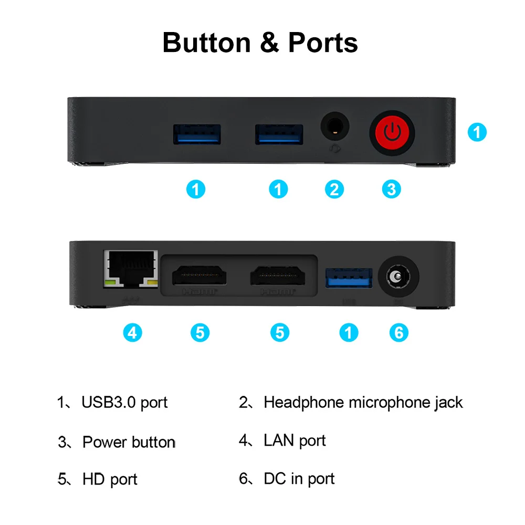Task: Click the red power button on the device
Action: [392, 131]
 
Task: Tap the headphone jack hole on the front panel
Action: [335, 127]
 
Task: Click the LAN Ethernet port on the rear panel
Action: [131, 270]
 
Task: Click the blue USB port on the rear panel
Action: [349, 278]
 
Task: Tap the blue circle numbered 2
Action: [334, 189]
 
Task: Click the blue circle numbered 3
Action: [391, 189]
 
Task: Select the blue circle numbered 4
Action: [132, 332]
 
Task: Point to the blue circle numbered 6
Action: [398, 332]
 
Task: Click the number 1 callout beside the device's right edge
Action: [477, 132]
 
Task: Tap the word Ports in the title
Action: [323, 43]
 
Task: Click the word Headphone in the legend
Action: [304, 403]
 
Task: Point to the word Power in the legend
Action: [105, 442]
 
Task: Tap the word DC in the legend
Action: [275, 479]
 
